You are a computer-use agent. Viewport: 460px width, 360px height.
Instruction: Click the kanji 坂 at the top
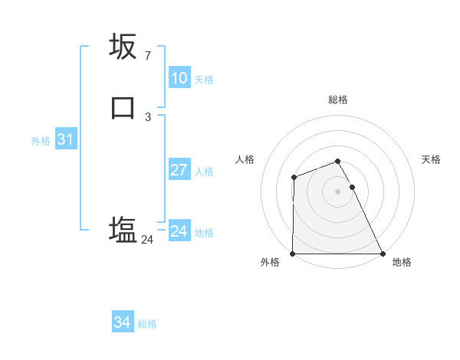point(123,46)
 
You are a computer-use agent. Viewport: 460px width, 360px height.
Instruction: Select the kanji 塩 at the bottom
point(123,229)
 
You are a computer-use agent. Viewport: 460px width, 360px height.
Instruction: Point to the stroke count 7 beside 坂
point(147,56)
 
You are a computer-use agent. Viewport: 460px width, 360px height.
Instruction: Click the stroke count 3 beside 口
point(147,117)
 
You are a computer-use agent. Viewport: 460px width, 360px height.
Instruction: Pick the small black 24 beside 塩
point(147,240)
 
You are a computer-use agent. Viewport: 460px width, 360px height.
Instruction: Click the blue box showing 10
point(179,78)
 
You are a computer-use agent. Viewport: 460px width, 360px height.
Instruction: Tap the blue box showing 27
point(179,170)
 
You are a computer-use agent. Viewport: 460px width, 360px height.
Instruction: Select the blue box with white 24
point(179,231)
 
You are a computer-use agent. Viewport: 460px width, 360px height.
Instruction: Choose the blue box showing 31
point(65,139)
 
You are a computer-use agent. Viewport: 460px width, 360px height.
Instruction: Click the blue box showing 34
point(122,322)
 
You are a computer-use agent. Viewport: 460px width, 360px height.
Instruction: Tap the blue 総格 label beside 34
point(147,324)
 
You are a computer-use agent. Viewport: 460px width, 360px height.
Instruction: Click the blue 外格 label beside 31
point(41,141)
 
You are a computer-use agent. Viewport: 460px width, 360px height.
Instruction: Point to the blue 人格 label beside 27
point(205,172)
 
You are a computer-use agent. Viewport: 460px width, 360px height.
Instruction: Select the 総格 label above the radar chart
point(338,100)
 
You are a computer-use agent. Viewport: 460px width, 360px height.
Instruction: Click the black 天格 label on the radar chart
point(432,159)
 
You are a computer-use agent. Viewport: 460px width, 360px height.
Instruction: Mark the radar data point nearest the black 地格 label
point(383,254)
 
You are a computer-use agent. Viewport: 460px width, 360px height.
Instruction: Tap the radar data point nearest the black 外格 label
point(293,254)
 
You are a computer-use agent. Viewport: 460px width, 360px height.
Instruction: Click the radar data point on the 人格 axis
point(294,178)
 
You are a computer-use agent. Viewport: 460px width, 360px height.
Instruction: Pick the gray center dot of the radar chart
point(338,191)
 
